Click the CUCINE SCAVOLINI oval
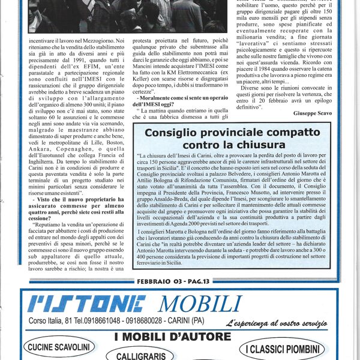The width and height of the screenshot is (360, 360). pyautogui.click(x=58, y=347)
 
